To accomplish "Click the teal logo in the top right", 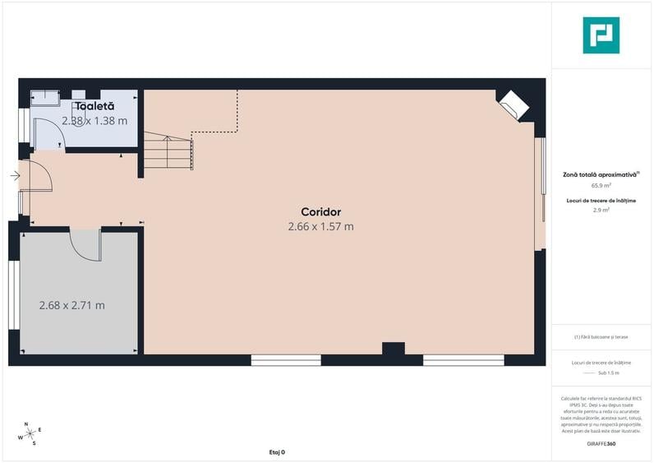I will (x=601, y=35).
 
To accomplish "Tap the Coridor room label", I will (x=320, y=211).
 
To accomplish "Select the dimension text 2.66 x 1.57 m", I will (x=320, y=226).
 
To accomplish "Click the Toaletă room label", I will (x=94, y=106).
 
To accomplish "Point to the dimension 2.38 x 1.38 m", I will (x=94, y=121).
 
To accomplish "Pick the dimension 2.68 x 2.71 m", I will (x=72, y=305).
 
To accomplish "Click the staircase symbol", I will (x=168, y=150).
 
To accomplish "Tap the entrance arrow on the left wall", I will (x=16, y=175).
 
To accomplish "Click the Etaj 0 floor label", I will (x=277, y=452).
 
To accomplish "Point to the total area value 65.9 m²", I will (x=601, y=186).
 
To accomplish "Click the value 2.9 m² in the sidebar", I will (x=601, y=210).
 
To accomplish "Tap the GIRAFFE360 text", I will (x=601, y=444).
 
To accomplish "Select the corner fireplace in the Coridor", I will (x=514, y=104).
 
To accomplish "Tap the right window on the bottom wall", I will (x=463, y=359).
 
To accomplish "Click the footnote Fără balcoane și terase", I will (x=601, y=337).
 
